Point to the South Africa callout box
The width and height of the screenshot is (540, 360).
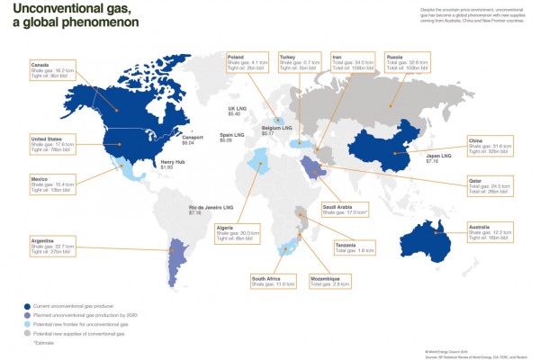point(271,279)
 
